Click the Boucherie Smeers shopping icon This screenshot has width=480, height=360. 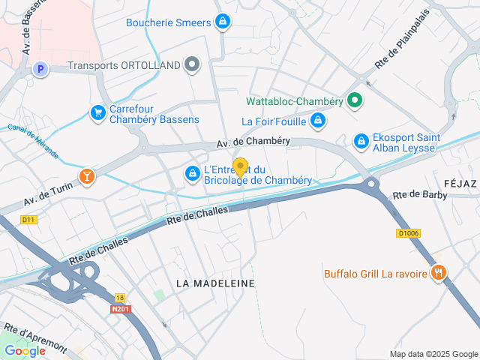(x=222, y=22)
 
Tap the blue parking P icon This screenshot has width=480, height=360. (x=40, y=70)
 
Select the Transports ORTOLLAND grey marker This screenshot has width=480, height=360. (x=193, y=65)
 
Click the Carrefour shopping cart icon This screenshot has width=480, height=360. (x=97, y=112)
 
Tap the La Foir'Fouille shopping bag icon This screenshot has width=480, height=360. (x=319, y=120)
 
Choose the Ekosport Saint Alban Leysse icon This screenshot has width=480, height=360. (x=361, y=140)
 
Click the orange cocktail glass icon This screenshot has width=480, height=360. (x=88, y=177)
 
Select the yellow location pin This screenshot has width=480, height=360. (x=240, y=168)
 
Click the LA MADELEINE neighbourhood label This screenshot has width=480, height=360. (x=215, y=283)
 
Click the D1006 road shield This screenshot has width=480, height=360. (x=408, y=233)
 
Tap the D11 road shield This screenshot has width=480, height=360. (x=28, y=220)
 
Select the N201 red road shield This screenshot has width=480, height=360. (x=120, y=308)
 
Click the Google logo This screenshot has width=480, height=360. (x=25, y=351)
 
